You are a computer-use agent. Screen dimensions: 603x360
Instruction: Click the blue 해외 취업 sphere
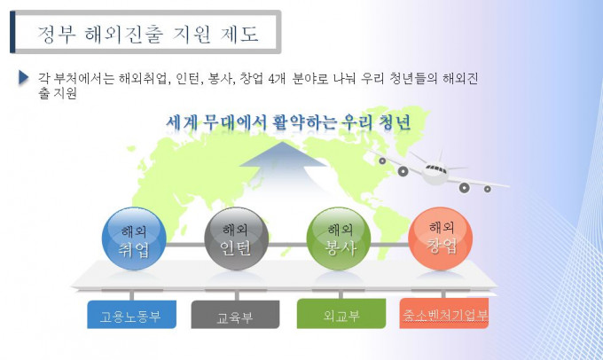(134, 239)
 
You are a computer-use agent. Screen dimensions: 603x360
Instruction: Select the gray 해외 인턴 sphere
(236, 239)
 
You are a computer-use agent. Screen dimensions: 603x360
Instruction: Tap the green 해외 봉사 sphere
(339, 239)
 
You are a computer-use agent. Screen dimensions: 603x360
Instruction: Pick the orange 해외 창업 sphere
(441, 239)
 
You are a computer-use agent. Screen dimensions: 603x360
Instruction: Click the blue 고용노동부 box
(131, 315)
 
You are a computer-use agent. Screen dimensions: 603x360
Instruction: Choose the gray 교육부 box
(235, 315)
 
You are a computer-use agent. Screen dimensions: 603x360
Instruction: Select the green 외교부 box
(341, 314)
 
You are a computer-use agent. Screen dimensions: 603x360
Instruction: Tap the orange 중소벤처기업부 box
(443, 313)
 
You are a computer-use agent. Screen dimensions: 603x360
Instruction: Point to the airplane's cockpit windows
(435, 168)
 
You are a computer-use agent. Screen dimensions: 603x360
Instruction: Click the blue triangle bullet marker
(23, 77)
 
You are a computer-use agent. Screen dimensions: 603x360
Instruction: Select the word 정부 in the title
(57, 34)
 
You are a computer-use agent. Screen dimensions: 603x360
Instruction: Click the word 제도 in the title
(239, 34)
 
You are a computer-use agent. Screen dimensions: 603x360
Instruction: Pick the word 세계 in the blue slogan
(182, 122)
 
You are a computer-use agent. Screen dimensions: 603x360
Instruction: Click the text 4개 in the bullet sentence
(277, 78)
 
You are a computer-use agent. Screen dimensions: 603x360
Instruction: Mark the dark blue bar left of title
(12, 32)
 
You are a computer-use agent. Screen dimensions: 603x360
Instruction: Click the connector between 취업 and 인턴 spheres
(185, 245)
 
